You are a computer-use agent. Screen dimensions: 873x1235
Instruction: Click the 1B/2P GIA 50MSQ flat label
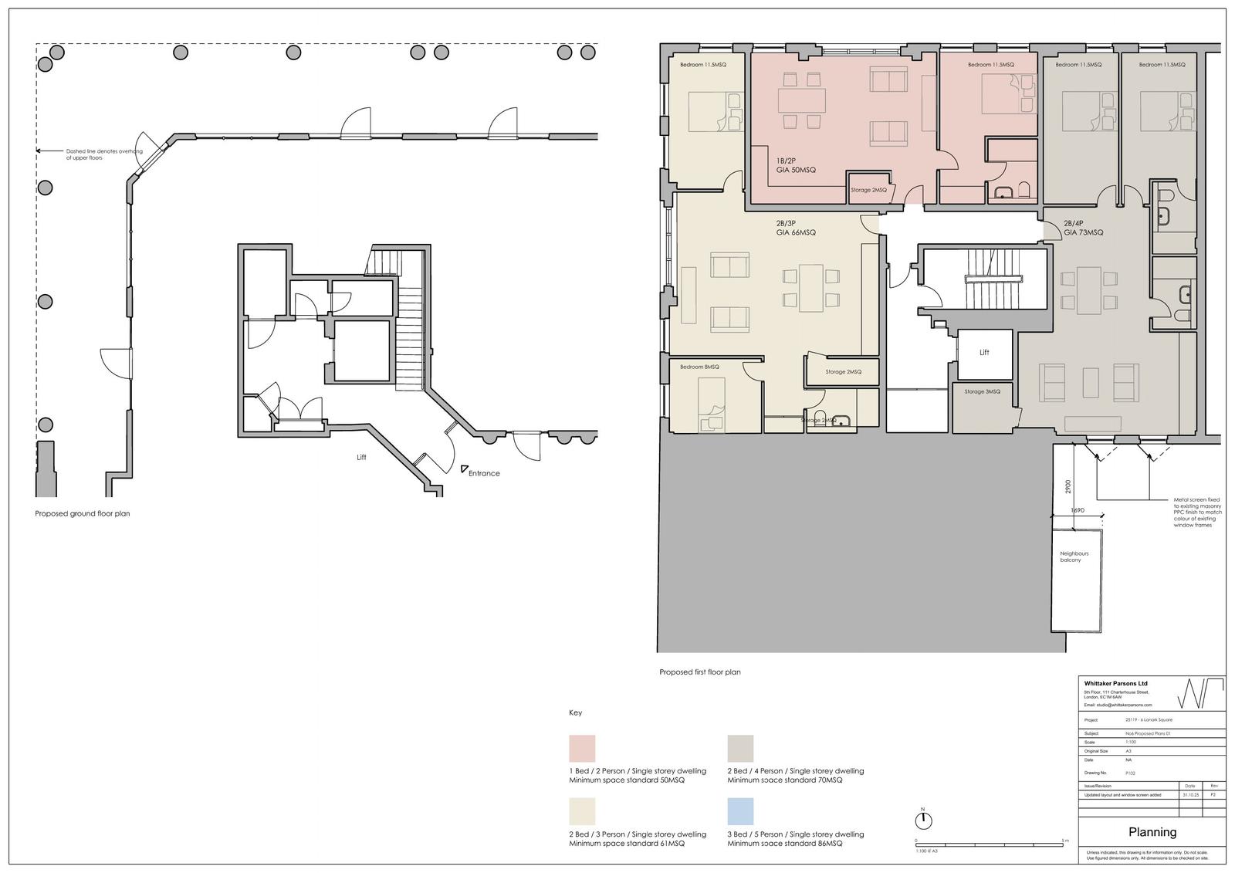pos(796,166)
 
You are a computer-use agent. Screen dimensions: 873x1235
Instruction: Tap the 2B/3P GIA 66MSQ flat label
pos(796,228)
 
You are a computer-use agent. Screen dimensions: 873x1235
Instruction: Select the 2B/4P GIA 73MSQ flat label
pos(1083,228)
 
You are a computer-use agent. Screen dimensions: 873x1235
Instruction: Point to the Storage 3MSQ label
pos(982,391)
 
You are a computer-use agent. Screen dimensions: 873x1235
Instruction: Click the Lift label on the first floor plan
pos(984,353)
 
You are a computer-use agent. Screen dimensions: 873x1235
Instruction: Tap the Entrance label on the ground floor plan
pos(484,473)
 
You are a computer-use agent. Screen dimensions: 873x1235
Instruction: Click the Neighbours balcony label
pos(1074,557)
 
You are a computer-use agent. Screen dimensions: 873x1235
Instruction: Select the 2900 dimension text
pos(1068,487)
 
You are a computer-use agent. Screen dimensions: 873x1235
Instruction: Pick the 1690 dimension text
pos(1078,510)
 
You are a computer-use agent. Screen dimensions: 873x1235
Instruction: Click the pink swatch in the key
pos(582,748)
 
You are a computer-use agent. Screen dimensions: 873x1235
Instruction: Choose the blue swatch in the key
pos(740,811)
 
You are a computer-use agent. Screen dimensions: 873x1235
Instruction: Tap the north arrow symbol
pos(922,820)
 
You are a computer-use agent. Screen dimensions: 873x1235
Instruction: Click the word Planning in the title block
pos(1152,832)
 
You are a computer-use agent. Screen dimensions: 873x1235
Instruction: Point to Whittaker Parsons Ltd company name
pos(1115,684)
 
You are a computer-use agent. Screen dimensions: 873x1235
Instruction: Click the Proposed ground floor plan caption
pos(83,513)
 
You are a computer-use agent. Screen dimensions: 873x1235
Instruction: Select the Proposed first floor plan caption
pos(699,672)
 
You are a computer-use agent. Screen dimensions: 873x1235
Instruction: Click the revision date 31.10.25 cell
pos(1189,794)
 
